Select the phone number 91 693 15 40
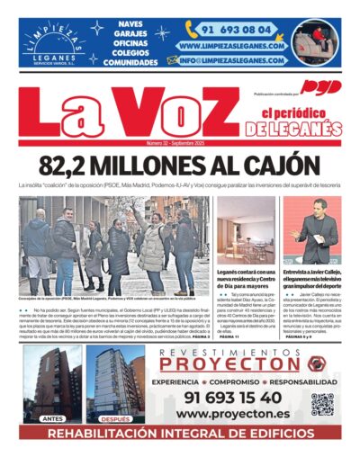[232, 397]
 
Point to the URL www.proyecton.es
[232, 413]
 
